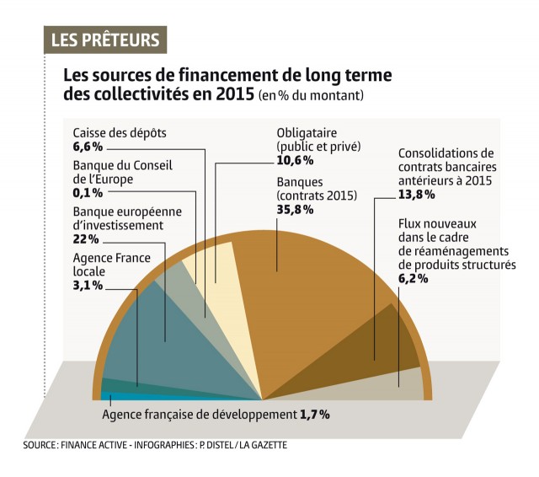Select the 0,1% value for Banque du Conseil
coord(88,192)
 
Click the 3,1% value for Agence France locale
coord(88,286)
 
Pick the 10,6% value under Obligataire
coord(295,160)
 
